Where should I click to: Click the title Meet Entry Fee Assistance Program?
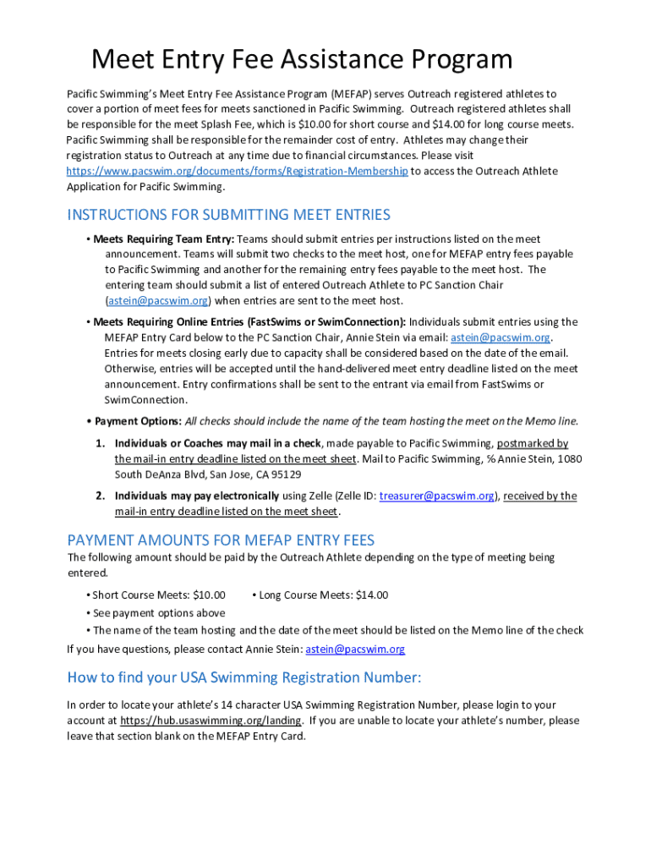302,60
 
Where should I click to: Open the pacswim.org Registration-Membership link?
238,171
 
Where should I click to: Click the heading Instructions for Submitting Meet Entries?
228,215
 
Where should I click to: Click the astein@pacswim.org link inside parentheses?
157,300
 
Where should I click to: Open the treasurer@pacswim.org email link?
437,496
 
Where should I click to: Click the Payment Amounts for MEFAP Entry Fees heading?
221,540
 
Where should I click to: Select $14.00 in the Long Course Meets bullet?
372,595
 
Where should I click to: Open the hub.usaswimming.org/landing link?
211,721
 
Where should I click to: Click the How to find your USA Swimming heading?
243,677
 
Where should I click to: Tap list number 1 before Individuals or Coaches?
99,443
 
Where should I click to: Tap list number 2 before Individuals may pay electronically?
99,496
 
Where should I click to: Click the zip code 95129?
286,474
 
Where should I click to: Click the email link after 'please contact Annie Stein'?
355,649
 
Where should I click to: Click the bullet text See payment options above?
159,612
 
